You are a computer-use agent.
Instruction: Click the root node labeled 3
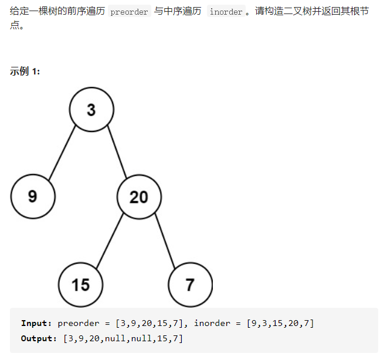click(91, 109)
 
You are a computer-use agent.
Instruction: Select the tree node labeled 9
click(33, 196)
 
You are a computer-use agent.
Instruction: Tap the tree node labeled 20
click(139, 196)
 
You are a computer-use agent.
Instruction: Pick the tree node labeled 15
click(81, 284)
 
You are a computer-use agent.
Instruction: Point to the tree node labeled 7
click(190, 284)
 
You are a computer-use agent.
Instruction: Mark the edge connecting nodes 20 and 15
click(109, 241)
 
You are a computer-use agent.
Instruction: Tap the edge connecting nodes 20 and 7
click(165, 240)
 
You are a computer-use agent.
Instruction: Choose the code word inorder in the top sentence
click(226, 12)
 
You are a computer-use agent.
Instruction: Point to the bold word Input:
click(36, 323)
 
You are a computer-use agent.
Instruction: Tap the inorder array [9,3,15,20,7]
click(280, 323)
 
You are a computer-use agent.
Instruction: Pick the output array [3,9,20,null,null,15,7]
click(119, 338)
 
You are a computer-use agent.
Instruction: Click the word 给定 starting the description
click(18, 12)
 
